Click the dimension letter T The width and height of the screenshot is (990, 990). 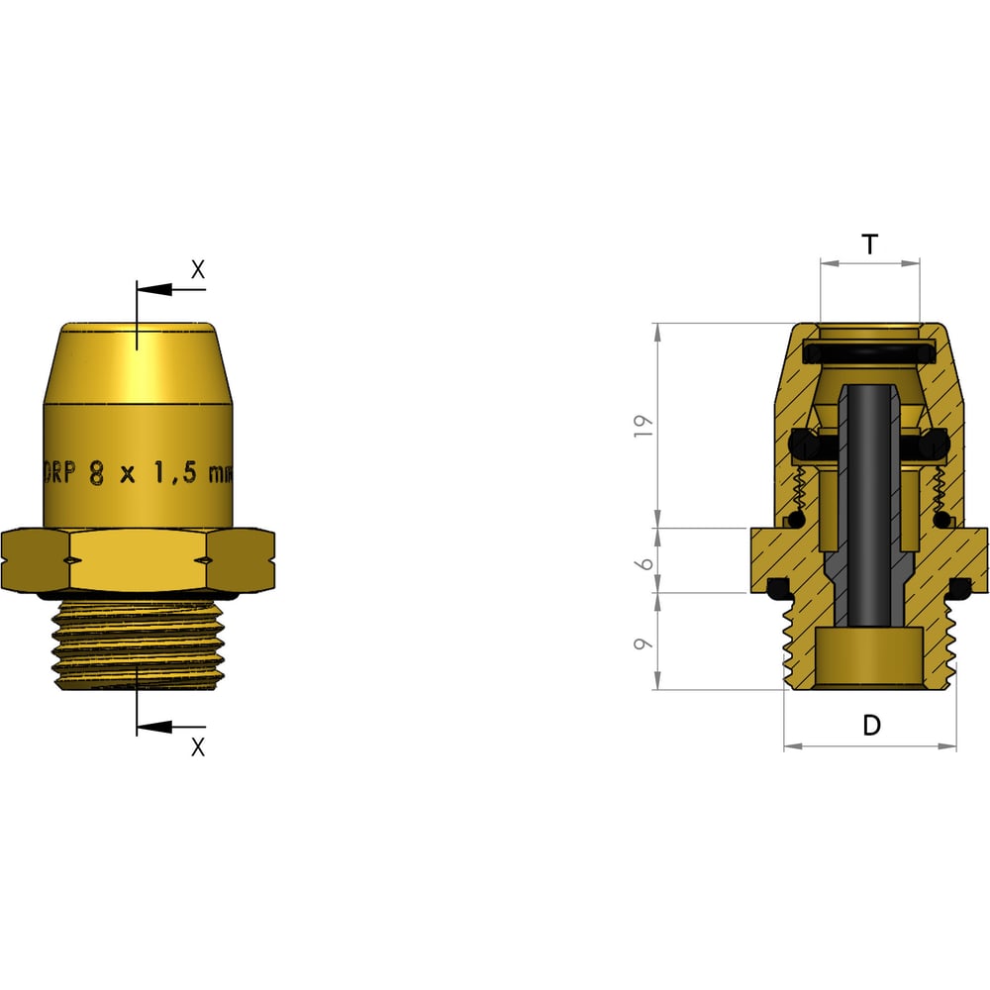point(869,245)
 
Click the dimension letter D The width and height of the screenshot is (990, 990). point(871,726)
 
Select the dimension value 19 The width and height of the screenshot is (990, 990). point(644,424)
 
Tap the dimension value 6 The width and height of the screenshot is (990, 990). point(644,561)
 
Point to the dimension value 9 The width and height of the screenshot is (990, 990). point(644,643)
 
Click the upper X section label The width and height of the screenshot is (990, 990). point(197,268)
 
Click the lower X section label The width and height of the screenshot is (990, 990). point(197,747)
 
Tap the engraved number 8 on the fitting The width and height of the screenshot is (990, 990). point(96,472)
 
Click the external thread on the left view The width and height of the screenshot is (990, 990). point(138,643)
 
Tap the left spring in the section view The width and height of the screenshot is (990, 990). point(804,490)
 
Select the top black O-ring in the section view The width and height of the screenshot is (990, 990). point(870,352)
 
